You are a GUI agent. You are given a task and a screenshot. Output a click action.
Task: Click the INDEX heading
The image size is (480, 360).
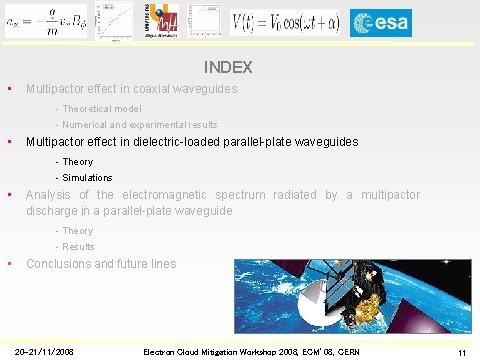pyautogui.click(x=227, y=69)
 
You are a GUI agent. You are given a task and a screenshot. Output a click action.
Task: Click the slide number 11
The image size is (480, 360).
pyautogui.click(x=462, y=352)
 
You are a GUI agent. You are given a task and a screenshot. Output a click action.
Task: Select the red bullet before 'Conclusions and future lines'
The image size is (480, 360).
pyautogui.click(x=9, y=264)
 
